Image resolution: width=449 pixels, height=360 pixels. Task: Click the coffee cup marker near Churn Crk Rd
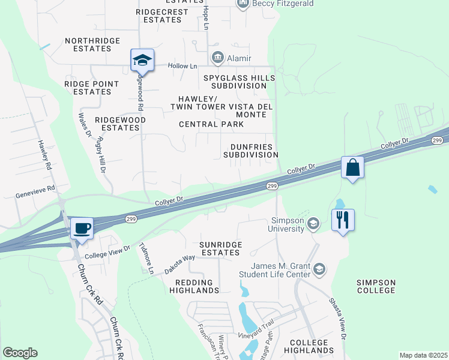[81, 229]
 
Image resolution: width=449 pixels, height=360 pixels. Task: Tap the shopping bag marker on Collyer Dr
[352, 167]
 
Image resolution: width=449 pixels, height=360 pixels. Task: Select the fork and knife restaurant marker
[343, 220]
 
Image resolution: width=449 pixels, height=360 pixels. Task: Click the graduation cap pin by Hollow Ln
[142, 60]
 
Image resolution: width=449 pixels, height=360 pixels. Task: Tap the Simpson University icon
[313, 224]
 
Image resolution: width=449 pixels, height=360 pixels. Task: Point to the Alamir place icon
[217, 58]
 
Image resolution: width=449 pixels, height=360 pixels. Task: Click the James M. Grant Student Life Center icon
[320, 269]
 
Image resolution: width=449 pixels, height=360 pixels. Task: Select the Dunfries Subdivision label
[250, 151]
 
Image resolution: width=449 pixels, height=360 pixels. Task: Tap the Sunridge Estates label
[220, 249]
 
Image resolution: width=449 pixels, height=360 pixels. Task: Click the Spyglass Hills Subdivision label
[238, 82]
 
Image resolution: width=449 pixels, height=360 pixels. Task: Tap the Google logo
[20, 353]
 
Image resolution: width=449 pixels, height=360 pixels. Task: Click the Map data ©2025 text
[423, 355]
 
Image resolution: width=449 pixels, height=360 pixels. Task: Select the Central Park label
[211, 124]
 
